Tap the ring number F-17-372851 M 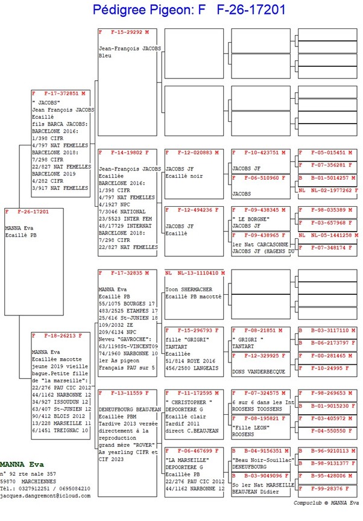[62, 94]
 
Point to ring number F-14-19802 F [127, 153]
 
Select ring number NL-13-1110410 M [195, 273]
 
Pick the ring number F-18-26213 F [62, 335]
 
